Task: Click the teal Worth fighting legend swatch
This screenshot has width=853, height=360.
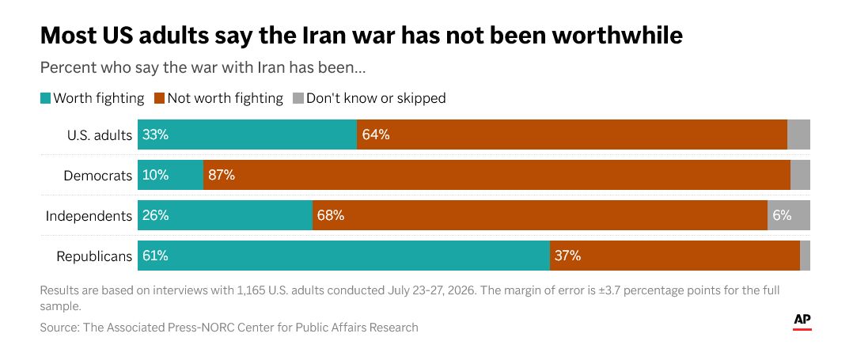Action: [45, 98]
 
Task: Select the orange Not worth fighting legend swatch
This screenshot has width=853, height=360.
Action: [159, 98]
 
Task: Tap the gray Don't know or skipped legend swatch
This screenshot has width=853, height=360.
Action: [298, 98]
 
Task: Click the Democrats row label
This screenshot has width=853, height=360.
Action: [98, 176]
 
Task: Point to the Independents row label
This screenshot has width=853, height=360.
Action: [89, 216]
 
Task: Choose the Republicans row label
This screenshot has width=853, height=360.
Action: [95, 256]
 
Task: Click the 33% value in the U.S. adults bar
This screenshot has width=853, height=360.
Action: [156, 135]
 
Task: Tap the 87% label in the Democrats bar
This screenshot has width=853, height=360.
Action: [222, 175]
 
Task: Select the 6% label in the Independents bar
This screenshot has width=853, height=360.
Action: [782, 215]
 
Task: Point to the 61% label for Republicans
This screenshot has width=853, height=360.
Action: [155, 256]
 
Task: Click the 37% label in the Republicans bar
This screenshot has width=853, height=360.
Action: [568, 256]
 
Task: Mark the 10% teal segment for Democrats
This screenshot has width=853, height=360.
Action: [171, 175]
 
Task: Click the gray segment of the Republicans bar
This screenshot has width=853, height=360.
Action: [806, 256]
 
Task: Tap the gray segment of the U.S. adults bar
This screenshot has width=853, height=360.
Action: [798, 135]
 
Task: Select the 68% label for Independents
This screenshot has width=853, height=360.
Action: [331, 215]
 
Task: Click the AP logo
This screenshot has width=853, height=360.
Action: [802, 322]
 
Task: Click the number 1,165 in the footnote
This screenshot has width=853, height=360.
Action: [252, 290]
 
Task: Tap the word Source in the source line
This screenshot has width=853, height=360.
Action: [59, 328]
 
